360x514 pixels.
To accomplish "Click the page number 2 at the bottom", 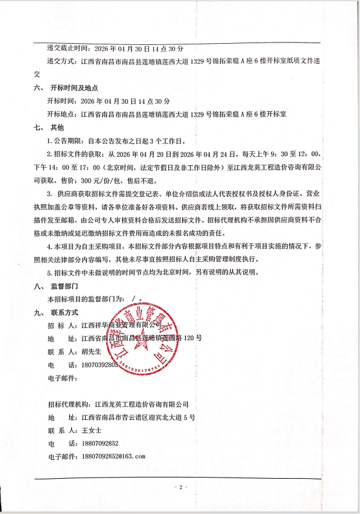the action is click(x=180, y=487).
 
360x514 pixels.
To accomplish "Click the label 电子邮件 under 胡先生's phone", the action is click(x=63, y=379).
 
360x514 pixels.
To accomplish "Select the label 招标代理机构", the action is click(x=69, y=404).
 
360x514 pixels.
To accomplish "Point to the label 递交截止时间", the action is click(x=70, y=47).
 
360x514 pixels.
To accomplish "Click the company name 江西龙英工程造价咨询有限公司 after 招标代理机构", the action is click(x=142, y=404).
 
